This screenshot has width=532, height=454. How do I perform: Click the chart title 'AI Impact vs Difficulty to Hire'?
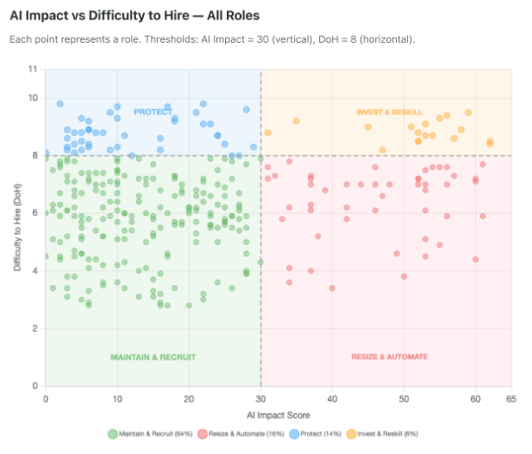(x=99, y=16)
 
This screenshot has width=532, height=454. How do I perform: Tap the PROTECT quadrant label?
(x=153, y=112)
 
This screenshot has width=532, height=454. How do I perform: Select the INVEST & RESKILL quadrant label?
(x=389, y=112)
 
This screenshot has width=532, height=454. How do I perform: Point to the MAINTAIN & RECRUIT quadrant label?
(x=153, y=357)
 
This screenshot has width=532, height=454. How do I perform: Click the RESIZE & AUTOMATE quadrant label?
(x=389, y=356)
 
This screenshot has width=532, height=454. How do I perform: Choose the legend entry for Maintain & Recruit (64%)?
(x=150, y=434)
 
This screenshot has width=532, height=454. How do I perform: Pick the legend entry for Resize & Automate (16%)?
(x=241, y=434)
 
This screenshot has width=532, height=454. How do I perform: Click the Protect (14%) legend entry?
(x=315, y=434)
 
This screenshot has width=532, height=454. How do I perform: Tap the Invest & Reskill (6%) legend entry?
(x=382, y=434)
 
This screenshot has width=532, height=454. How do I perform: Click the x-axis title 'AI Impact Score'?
(x=278, y=416)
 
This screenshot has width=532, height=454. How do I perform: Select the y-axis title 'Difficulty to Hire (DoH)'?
(x=17, y=227)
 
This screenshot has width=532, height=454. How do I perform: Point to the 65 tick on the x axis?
(x=511, y=399)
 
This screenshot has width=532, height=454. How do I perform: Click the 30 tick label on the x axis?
(x=261, y=399)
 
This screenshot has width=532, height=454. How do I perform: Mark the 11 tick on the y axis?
(x=32, y=69)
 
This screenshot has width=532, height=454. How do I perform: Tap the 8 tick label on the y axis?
(x=35, y=155)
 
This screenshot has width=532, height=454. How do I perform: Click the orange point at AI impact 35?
(x=297, y=121)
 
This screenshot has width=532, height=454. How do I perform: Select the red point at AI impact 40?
(x=332, y=288)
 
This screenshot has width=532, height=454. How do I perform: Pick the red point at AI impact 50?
(x=404, y=277)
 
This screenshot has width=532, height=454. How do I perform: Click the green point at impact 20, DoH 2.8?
(x=189, y=306)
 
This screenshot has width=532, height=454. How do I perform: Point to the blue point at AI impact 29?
(x=254, y=147)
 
